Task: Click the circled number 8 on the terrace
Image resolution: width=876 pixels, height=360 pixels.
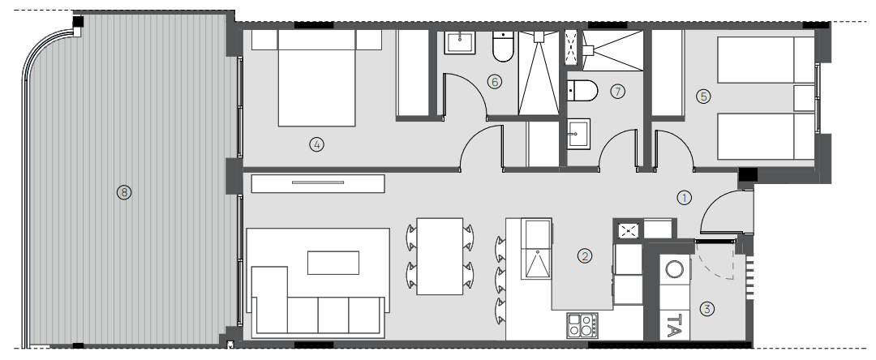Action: (123, 192)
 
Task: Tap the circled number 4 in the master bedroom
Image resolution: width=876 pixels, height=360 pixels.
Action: (316, 144)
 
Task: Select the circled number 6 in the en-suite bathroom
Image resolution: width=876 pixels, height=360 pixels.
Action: (495, 82)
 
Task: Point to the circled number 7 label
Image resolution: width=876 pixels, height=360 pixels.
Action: (617, 92)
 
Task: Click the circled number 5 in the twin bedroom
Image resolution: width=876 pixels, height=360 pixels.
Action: (703, 96)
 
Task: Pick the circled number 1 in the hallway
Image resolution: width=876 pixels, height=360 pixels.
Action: (685, 197)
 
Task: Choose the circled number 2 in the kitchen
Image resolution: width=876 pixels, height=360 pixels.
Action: (585, 256)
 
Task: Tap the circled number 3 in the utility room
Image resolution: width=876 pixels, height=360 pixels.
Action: (707, 309)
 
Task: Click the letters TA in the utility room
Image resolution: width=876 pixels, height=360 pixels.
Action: (675, 325)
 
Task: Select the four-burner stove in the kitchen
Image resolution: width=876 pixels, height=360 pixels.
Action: (582, 325)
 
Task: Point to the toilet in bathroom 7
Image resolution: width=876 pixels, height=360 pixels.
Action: (582, 91)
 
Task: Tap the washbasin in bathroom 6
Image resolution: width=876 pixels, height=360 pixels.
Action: (460, 42)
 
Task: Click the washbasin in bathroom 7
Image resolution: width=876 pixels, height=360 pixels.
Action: (579, 132)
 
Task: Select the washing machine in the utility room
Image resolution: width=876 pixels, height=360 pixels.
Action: (675, 269)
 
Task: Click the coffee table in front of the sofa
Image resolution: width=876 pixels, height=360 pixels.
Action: (333, 263)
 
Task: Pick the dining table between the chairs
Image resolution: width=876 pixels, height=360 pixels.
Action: (440, 256)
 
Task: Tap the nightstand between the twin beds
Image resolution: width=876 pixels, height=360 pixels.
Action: (804, 98)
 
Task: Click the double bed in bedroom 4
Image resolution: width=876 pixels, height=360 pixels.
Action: (317, 78)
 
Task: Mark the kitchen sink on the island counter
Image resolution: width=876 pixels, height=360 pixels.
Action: (537, 249)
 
